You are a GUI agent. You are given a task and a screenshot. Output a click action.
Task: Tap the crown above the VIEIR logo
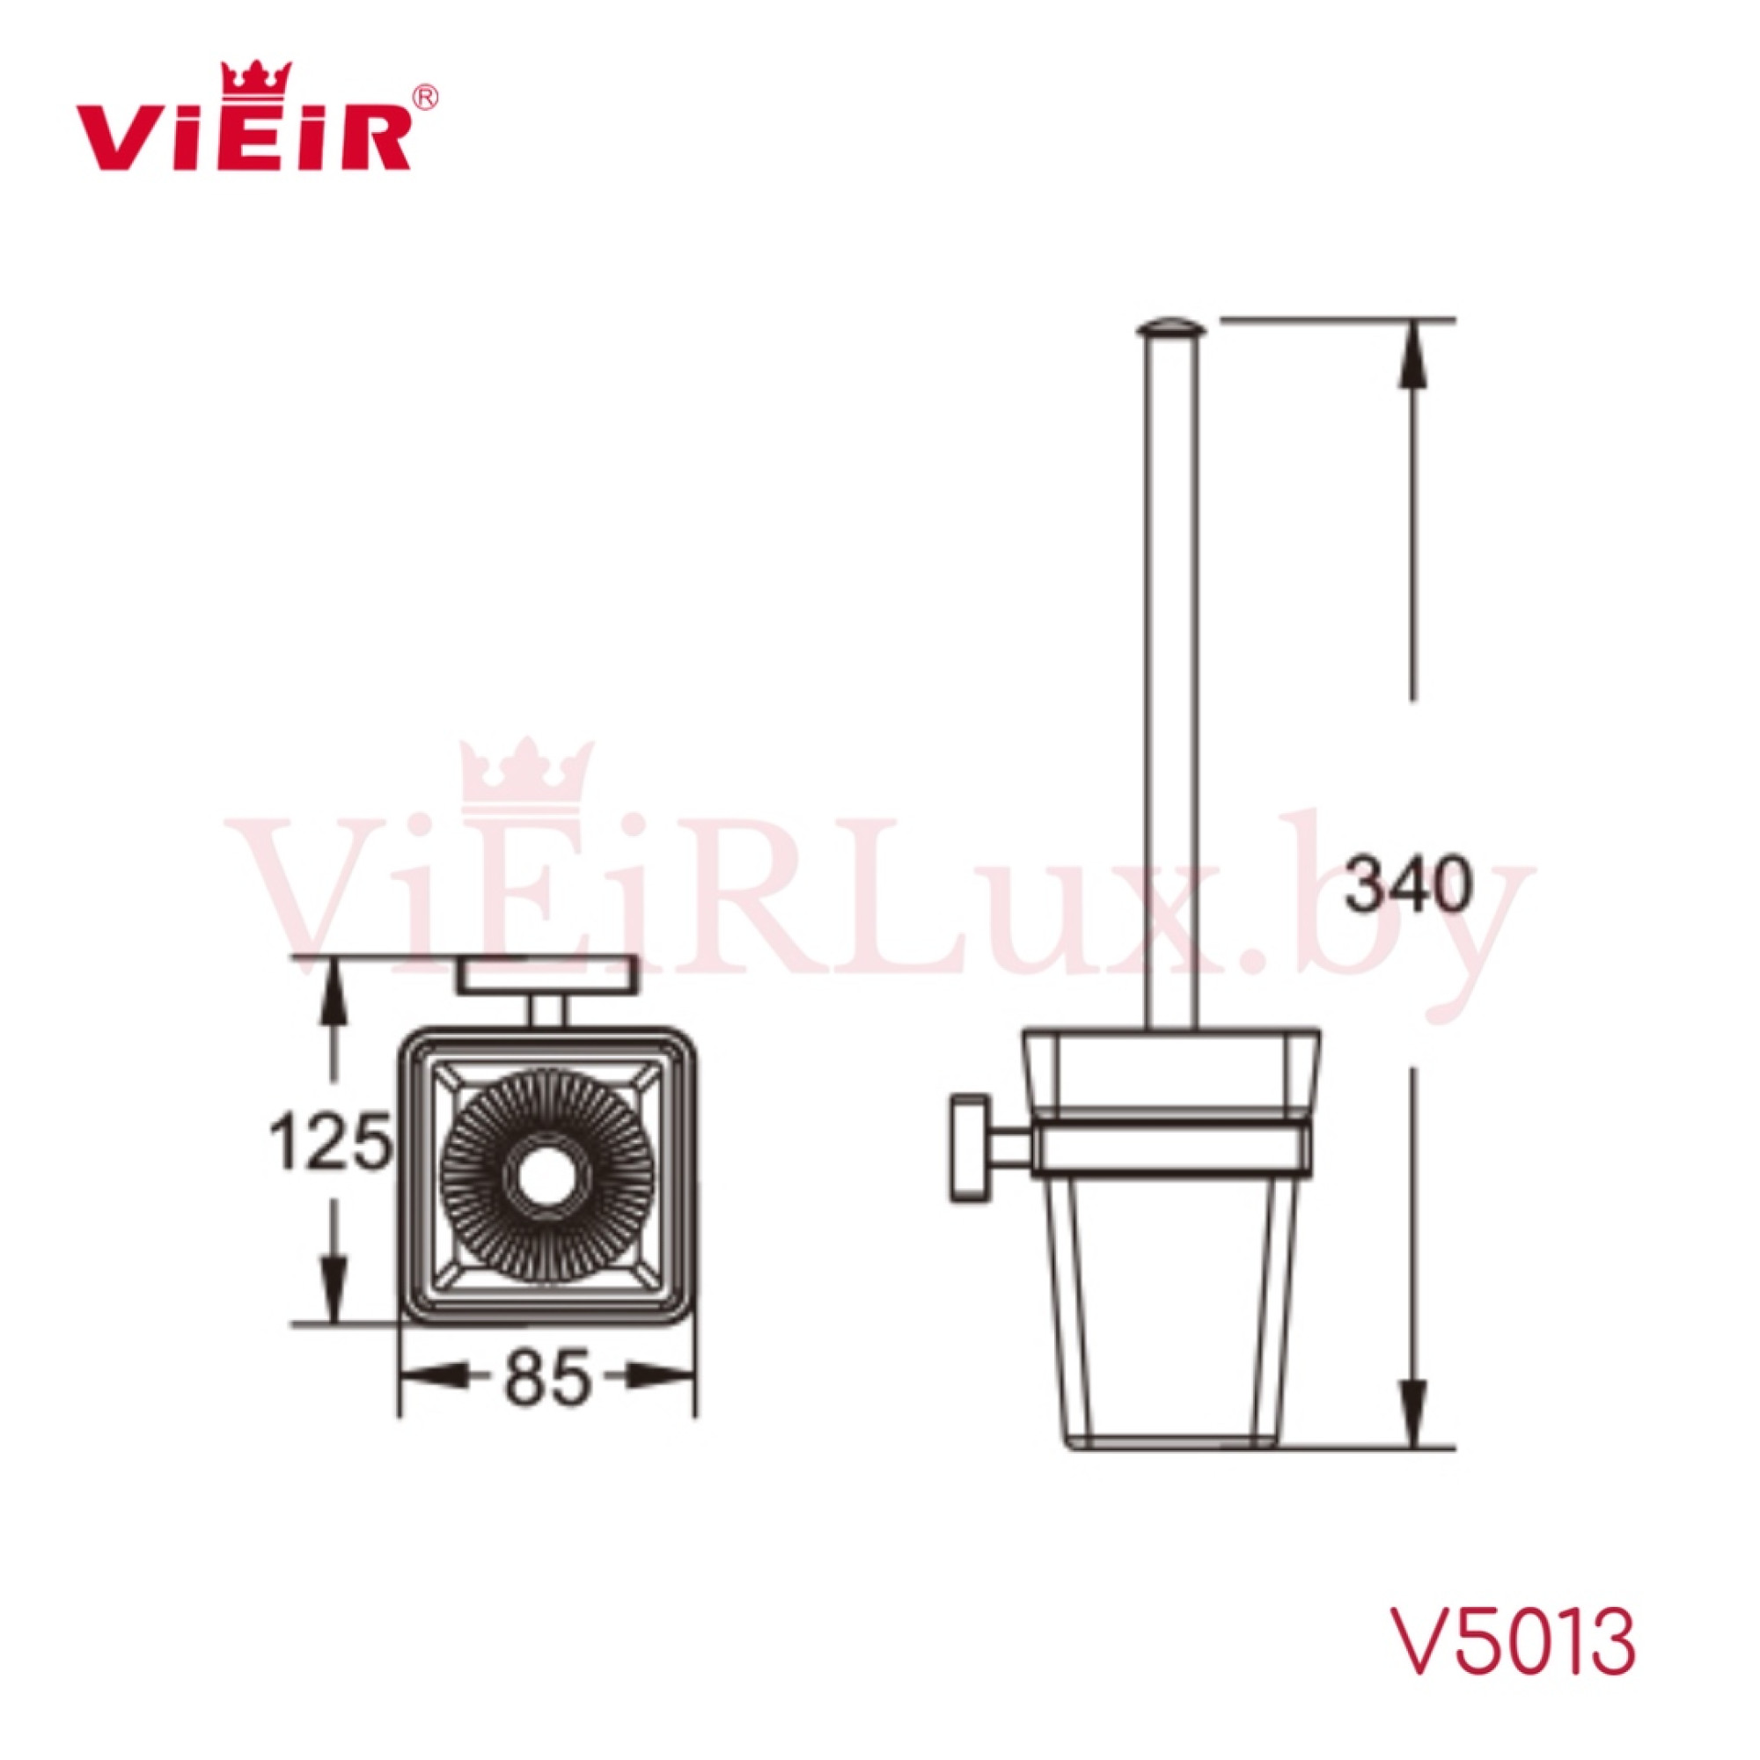coord(257,79)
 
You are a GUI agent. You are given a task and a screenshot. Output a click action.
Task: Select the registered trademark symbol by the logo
coord(426,98)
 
